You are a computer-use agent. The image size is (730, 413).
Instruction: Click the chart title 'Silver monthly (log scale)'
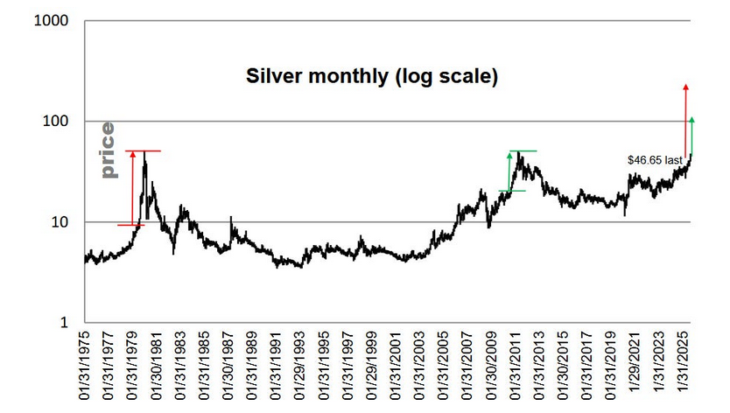point(371,77)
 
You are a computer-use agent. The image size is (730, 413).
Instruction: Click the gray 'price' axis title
point(108,150)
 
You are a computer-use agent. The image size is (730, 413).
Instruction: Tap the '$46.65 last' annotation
point(655,160)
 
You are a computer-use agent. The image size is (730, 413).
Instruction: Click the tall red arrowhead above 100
point(685,87)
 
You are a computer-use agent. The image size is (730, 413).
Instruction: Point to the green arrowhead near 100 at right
point(691,120)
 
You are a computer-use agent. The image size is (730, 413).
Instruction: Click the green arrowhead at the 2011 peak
point(509,156)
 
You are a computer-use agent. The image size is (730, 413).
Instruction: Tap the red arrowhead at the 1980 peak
point(132,155)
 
